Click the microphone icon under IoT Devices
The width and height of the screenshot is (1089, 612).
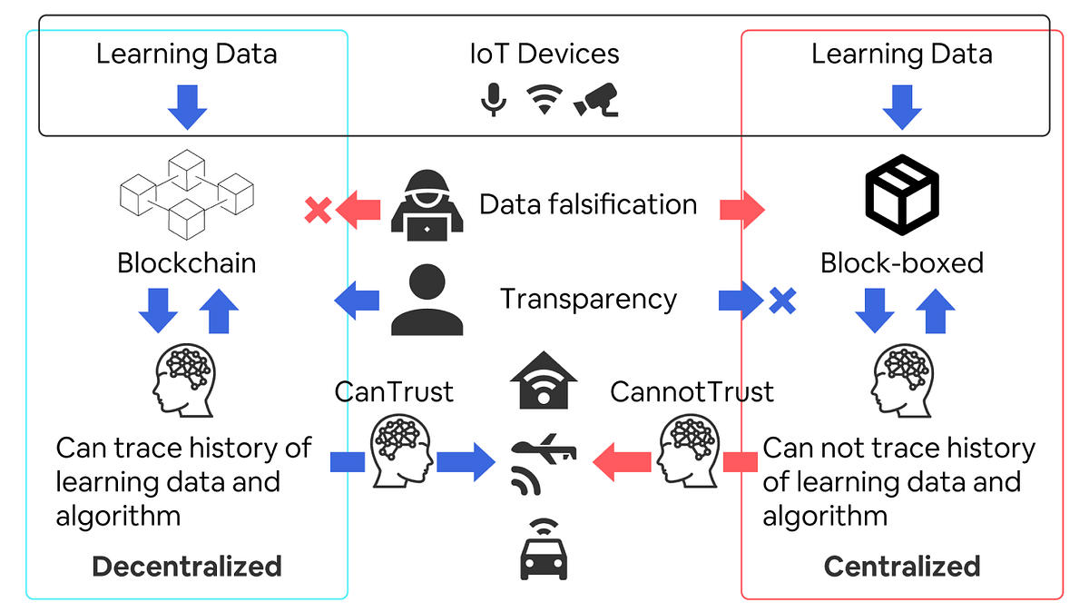(493, 100)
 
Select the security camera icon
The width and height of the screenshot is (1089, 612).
(596, 99)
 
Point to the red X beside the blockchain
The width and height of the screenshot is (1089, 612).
(317, 211)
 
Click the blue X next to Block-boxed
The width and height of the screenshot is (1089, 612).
(781, 301)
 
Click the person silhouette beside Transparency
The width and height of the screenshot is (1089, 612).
(427, 301)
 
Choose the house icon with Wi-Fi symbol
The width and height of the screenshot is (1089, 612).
(544, 382)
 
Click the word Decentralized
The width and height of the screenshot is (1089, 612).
(187, 567)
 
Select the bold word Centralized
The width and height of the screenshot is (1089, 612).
(901, 567)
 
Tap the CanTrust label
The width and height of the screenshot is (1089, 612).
(394, 391)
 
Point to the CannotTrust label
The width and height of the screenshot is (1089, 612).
(692, 391)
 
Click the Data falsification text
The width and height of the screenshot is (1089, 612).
(588, 204)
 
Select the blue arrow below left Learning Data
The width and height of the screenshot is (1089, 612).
(187, 107)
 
